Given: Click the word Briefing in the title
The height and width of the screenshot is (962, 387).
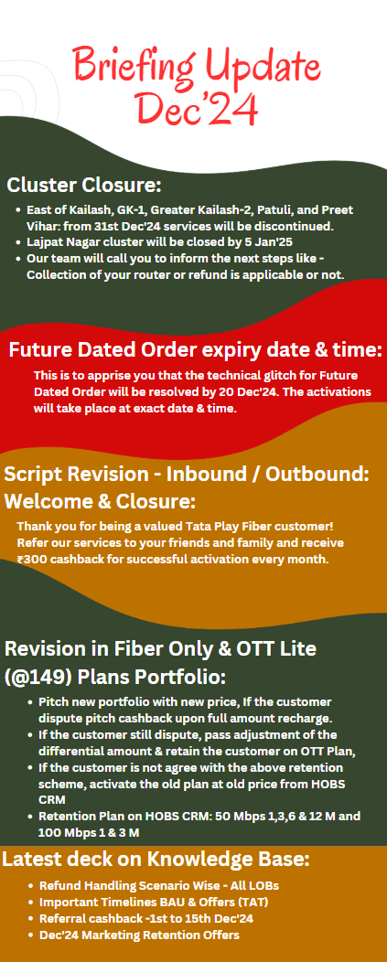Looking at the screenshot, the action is pyautogui.click(x=134, y=64).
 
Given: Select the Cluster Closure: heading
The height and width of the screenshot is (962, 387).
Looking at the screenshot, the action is pyautogui.click(x=84, y=185).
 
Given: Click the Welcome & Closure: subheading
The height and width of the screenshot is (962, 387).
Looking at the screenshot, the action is pyautogui.click(x=100, y=502).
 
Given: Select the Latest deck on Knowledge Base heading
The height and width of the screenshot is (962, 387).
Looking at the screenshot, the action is pyautogui.click(x=156, y=859).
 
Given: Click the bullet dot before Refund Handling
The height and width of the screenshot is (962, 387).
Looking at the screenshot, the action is pyautogui.click(x=31, y=886).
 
